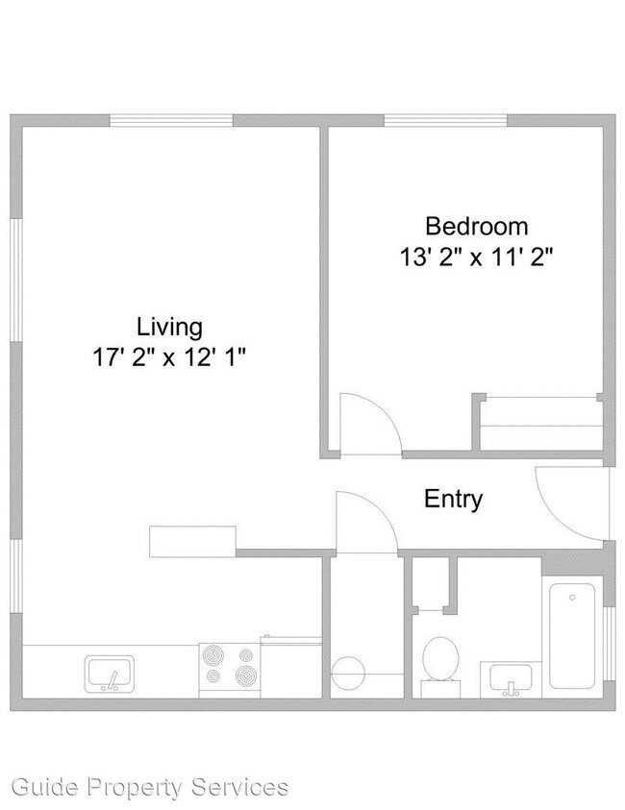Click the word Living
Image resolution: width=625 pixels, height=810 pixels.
[169, 327]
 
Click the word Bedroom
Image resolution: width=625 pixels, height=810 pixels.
[477, 227]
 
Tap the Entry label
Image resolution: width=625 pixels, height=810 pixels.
[454, 500]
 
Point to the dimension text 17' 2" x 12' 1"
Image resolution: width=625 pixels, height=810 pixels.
[169, 358]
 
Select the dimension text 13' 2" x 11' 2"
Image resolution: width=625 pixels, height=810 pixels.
[477, 258]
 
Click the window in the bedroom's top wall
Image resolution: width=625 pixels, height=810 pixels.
[445, 121]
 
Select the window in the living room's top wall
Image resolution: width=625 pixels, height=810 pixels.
[170, 121]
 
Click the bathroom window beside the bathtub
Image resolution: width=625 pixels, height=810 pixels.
[607, 645]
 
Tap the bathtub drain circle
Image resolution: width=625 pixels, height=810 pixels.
[572, 598]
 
